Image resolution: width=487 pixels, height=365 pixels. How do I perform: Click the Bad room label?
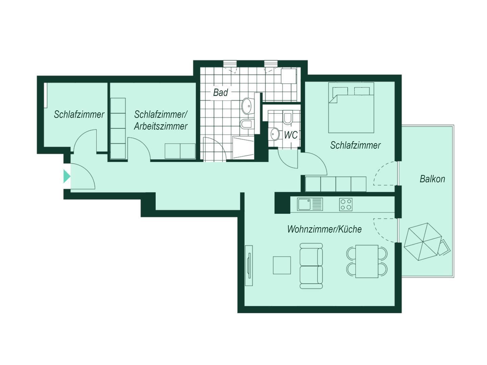(x=220, y=92)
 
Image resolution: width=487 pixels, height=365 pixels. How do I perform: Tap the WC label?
(x=291, y=135)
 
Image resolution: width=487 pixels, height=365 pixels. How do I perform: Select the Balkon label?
(x=432, y=179)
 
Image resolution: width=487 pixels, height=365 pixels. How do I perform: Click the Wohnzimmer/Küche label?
(x=324, y=229)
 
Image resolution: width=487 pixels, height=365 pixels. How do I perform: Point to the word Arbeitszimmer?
(x=161, y=126)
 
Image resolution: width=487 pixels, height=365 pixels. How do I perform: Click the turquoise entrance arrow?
(x=67, y=176)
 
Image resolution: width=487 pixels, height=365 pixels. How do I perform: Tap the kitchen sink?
(x=310, y=204)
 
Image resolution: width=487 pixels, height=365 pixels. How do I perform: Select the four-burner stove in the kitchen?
(x=346, y=204)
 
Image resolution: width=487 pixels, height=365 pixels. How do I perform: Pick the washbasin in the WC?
(x=275, y=134)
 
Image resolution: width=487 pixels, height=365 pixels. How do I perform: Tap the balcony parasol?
(x=422, y=242)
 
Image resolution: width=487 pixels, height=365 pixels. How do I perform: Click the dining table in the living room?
(x=367, y=261)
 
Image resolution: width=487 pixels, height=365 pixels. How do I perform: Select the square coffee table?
(x=282, y=265)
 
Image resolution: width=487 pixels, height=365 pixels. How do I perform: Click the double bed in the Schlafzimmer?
(x=351, y=108)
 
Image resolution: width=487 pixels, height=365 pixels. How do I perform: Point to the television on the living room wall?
(x=249, y=266)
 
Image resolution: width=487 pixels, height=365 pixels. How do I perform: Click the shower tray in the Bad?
(x=243, y=148)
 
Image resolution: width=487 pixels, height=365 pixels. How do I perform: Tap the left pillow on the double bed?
(x=340, y=91)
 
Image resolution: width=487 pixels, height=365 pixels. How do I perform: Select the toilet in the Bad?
(x=247, y=124)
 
